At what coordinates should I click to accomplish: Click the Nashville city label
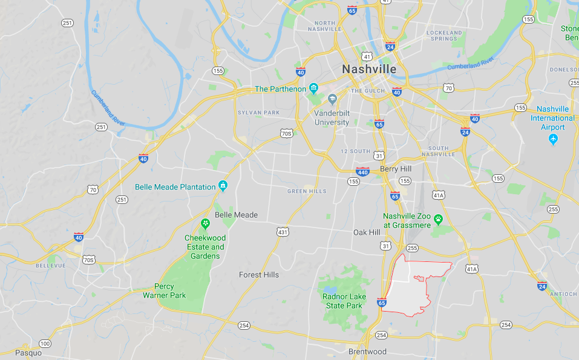pyautogui.click(x=369, y=69)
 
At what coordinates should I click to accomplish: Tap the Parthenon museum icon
pyautogui.click(x=313, y=89)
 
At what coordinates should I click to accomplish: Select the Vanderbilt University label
pyautogui.click(x=332, y=117)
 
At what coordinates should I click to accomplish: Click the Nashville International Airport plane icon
pyautogui.click(x=552, y=139)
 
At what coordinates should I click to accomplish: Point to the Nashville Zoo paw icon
pyautogui.click(x=438, y=219)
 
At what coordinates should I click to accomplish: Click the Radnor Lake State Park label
pyautogui.click(x=342, y=301)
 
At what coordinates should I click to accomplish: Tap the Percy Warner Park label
pyautogui.click(x=165, y=291)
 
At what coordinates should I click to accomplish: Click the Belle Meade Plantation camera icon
pyautogui.click(x=223, y=186)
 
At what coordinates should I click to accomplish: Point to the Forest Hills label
pyautogui.click(x=259, y=275)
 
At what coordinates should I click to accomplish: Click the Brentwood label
pyautogui.click(x=367, y=352)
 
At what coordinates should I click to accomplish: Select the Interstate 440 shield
pyautogui.click(x=362, y=171)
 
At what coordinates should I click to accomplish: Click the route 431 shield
pyautogui.click(x=283, y=232)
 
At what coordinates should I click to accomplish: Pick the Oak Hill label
pyautogui.click(x=367, y=232)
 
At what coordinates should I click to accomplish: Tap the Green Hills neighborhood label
pyautogui.click(x=307, y=192)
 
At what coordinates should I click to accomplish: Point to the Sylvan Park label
pyautogui.click(x=258, y=113)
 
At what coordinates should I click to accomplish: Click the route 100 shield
pyautogui.click(x=45, y=344)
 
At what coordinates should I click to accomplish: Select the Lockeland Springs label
pyautogui.click(x=444, y=35)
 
